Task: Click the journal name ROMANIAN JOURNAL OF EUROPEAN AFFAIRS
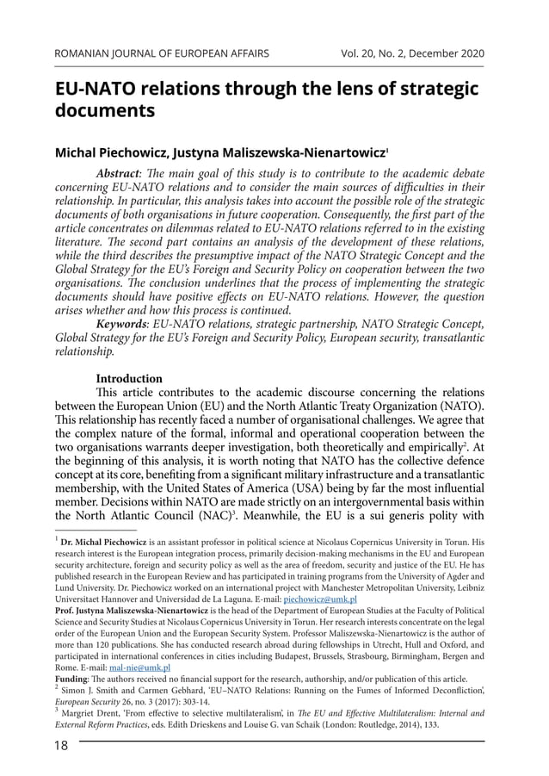coord(162,53)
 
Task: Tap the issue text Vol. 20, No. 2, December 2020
coord(412,53)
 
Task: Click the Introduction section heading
coord(129,378)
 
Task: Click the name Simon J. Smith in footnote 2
coord(90,690)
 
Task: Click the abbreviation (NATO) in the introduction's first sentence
coord(460,405)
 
